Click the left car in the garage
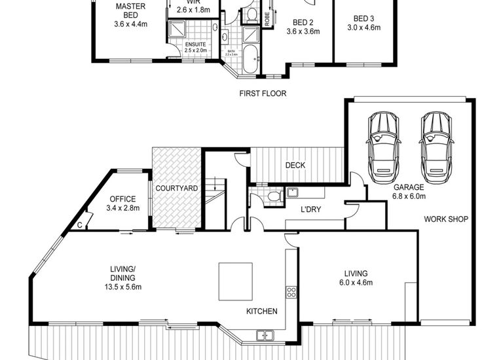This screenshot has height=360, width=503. (383, 149)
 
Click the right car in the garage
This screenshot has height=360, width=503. (436, 149)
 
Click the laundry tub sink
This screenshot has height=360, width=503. (292, 192)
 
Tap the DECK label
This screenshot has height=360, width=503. (295, 166)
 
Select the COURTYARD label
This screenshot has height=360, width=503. (177, 189)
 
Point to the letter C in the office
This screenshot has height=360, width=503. (80, 225)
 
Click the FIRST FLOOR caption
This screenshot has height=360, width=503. (263, 94)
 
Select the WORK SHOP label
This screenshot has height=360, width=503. (445, 219)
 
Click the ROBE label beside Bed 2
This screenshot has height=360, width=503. (267, 18)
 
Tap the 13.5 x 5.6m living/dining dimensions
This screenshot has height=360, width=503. (122, 287)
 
